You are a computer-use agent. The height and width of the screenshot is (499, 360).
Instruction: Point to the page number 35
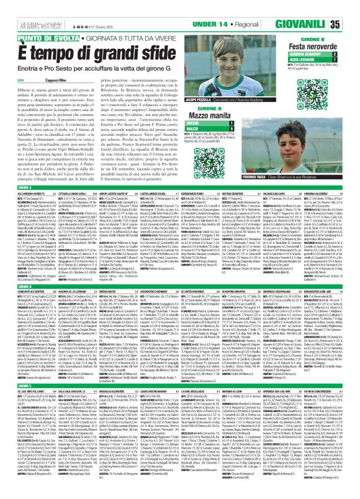coord(351,24)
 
